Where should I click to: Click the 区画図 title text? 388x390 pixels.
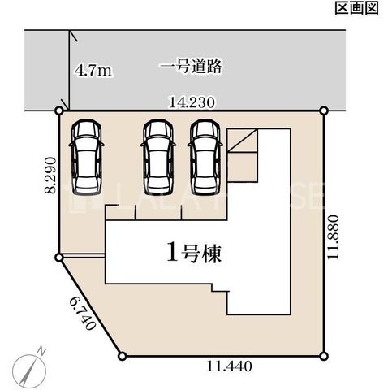(356, 8)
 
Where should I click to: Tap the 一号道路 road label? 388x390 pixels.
(190, 67)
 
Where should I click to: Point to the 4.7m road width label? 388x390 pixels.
(93, 71)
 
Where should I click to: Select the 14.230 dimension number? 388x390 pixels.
(192, 102)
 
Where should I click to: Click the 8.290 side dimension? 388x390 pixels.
(50, 175)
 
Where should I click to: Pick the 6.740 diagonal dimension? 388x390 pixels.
(83, 313)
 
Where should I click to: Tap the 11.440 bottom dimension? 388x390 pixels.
(230, 366)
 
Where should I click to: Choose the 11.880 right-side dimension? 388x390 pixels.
(333, 236)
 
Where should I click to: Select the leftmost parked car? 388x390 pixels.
(87, 157)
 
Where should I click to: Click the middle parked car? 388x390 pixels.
(158, 157)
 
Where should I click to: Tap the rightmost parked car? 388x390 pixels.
(205, 157)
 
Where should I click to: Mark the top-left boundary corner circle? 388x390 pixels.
(59, 110)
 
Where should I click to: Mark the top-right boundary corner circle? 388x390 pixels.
(324, 110)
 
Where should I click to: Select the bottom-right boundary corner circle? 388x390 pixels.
(324, 356)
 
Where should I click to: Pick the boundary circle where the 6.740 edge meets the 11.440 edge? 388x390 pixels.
(123, 356)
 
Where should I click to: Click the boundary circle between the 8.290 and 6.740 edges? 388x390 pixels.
(58, 258)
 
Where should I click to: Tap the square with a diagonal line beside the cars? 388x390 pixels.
(242, 141)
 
